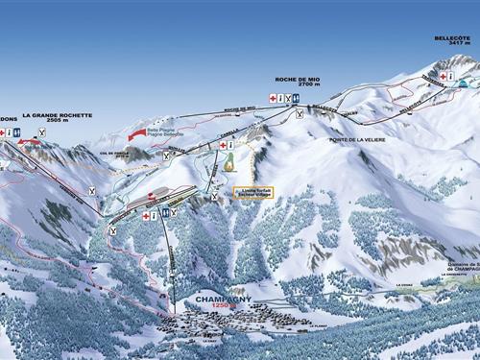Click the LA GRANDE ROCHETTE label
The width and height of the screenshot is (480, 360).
click(x=57, y=115)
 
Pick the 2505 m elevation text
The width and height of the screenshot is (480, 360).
click(x=57, y=122)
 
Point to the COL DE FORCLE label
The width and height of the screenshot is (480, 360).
click(x=113, y=152)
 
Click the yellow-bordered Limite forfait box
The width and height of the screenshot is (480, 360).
click(x=253, y=192)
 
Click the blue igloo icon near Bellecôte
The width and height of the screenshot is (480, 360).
click(x=466, y=83)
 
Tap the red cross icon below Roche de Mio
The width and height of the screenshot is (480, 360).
click(x=273, y=98)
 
